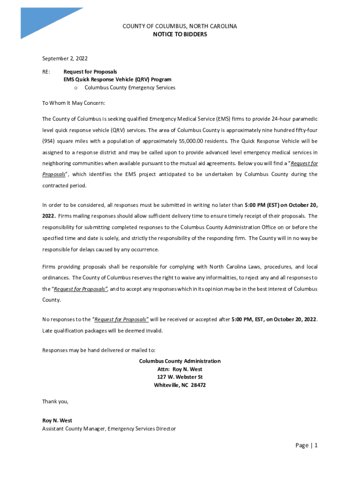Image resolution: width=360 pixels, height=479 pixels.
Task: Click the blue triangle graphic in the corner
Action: pyautogui.click(x=44, y=21)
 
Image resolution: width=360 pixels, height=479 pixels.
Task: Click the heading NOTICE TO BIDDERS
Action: pyautogui.click(x=180, y=35)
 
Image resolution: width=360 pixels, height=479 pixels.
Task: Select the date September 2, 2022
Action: pyautogui.click(x=65, y=58)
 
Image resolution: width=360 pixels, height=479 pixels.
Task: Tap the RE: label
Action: pyautogui.click(x=46, y=72)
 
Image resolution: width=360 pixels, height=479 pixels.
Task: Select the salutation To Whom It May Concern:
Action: pyautogui.click(x=74, y=102)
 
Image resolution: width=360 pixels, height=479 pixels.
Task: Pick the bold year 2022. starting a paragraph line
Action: pyautogui.click(x=49, y=216)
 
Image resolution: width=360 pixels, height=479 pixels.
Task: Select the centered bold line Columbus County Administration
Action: pyautogui.click(x=180, y=361)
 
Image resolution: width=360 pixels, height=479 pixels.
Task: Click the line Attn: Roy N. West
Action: pyautogui.click(x=180, y=369)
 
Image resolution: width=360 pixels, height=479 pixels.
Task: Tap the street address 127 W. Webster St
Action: pyautogui.click(x=180, y=377)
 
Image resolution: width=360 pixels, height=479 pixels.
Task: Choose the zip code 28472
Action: pyautogui.click(x=198, y=385)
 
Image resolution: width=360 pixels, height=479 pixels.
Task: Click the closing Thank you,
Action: pyautogui.click(x=55, y=401)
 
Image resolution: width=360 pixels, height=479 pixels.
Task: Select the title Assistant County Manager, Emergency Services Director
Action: pyautogui.click(x=109, y=428)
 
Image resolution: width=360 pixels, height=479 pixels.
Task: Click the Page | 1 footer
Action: pyautogui.click(x=306, y=445)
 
